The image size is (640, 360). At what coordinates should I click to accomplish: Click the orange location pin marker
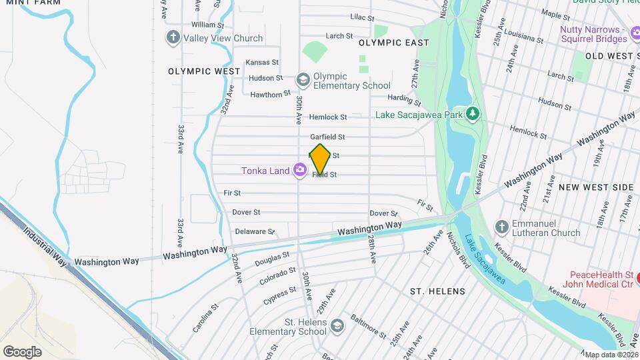[320, 159]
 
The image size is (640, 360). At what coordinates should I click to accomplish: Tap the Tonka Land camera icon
[300, 171]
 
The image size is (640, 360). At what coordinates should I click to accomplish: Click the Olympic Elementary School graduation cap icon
[303, 80]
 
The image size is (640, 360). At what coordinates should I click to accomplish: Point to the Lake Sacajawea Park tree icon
[473, 114]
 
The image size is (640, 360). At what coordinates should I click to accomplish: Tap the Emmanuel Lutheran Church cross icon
[502, 227]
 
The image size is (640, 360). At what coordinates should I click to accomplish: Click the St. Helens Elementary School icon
[337, 325]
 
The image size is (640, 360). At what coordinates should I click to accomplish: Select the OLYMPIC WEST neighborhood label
[204, 71]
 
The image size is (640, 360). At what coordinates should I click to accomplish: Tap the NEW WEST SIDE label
[595, 187]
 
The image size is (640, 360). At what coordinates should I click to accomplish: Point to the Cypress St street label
[279, 293]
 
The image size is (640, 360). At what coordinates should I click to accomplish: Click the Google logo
[22, 351]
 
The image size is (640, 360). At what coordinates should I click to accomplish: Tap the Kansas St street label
[262, 62]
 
